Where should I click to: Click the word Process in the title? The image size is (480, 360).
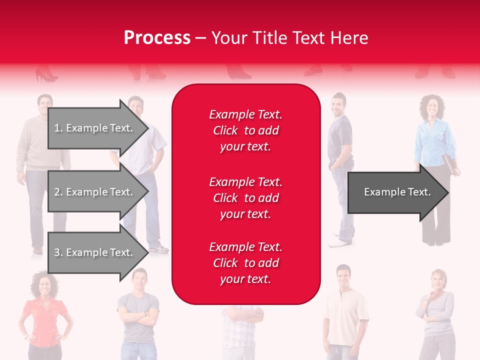(157, 38)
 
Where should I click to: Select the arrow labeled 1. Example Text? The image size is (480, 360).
(95, 128)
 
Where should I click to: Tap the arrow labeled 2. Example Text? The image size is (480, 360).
(95, 192)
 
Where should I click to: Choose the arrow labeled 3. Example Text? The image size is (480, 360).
(95, 252)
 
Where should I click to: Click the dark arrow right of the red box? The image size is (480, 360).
(397, 192)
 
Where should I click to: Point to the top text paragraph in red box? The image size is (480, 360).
(245, 130)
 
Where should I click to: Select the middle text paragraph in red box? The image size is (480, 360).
(245, 198)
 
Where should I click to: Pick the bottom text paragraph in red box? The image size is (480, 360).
(245, 263)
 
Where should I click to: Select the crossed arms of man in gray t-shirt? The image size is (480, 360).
(138, 317)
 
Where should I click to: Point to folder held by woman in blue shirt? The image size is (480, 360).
(452, 165)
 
